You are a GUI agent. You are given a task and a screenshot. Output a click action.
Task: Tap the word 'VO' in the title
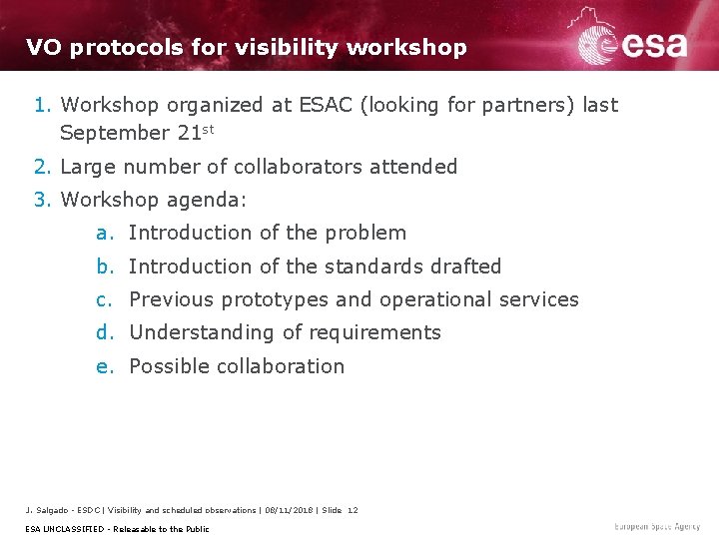pyautogui.click(x=43, y=47)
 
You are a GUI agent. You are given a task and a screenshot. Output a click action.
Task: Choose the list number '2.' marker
pyautogui.click(x=43, y=167)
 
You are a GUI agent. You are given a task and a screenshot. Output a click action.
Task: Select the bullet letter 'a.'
pyautogui.click(x=105, y=233)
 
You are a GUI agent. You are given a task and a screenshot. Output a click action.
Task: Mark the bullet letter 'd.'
pyautogui.click(x=105, y=332)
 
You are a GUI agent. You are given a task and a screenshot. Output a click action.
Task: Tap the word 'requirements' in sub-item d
pyautogui.click(x=375, y=332)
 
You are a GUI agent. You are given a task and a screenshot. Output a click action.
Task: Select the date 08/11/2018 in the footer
pyautogui.click(x=290, y=510)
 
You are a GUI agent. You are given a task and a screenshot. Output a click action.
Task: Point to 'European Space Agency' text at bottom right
pyautogui.click(x=658, y=527)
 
